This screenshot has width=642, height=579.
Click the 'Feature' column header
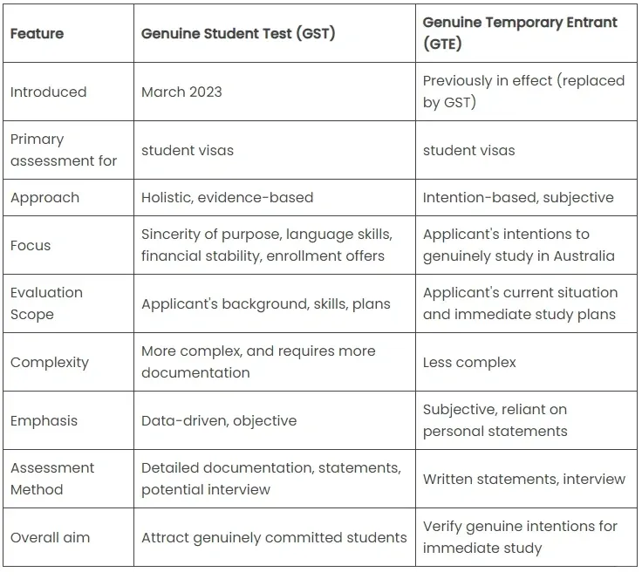[37, 34]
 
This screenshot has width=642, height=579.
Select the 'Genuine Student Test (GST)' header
[238, 34]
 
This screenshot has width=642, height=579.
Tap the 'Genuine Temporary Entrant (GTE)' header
[520, 32]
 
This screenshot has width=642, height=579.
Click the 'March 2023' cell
[181, 92]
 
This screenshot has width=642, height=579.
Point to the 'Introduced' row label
[48, 92]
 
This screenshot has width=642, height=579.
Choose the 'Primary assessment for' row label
[64, 150]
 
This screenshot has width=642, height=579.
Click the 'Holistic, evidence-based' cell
[227, 198]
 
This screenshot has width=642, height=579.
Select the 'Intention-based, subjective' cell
[518, 198]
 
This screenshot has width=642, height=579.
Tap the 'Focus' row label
[31, 245]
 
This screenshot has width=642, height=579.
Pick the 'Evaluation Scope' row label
[46, 303]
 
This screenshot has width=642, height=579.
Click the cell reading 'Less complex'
[469, 362]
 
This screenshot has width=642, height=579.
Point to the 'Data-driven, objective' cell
[219, 420]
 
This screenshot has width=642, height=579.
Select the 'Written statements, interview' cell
[524, 479]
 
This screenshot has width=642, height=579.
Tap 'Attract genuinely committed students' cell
[274, 537]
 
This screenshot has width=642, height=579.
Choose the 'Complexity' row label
[50, 362]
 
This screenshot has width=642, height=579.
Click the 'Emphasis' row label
[44, 420]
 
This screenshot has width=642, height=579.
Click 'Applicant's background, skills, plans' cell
[265, 303]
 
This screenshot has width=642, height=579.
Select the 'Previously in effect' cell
[523, 91]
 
